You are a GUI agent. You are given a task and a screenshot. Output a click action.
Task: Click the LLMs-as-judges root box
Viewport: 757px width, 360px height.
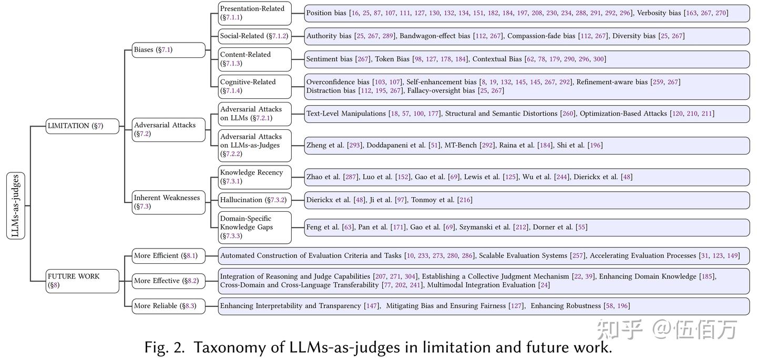click(16, 205)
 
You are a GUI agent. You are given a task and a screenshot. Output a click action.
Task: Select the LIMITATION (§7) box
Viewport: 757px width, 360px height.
click(82, 126)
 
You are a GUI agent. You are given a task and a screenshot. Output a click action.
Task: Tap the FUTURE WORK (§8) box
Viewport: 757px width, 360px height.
click(82, 281)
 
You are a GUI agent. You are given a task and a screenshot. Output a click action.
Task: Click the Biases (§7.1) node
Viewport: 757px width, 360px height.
click(168, 50)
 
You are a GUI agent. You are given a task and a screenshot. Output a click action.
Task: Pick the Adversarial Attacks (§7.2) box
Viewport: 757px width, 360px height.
click(168, 129)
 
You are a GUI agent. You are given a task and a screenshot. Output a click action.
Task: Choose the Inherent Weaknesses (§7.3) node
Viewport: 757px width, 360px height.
click(168, 202)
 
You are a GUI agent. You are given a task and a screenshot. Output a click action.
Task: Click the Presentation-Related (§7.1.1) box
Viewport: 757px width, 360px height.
click(254, 13)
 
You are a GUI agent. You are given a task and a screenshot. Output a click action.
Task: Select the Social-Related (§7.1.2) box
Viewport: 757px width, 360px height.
click(254, 36)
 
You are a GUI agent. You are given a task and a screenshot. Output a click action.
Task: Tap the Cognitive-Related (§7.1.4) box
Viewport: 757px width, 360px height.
click(254, 86)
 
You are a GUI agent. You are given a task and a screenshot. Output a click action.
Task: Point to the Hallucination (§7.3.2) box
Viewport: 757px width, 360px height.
click(254, 200)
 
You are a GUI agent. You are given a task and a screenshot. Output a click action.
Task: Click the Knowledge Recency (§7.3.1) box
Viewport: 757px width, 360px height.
click(254, 177)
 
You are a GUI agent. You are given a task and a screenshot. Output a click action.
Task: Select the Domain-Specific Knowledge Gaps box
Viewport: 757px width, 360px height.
click(254, 227)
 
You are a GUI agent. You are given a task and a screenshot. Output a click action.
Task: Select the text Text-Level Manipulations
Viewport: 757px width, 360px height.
click(346, 114)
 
